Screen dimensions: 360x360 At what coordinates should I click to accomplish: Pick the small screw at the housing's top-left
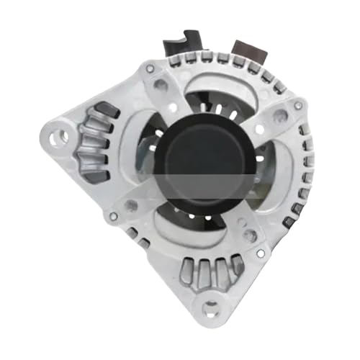[149, 69]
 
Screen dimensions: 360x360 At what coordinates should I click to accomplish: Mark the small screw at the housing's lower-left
[112, 215]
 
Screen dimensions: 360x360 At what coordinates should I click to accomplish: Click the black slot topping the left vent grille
[106, 109]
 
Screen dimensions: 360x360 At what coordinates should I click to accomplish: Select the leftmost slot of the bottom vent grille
[189, 273]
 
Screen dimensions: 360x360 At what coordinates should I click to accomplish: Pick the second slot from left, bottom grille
[204, 275]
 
